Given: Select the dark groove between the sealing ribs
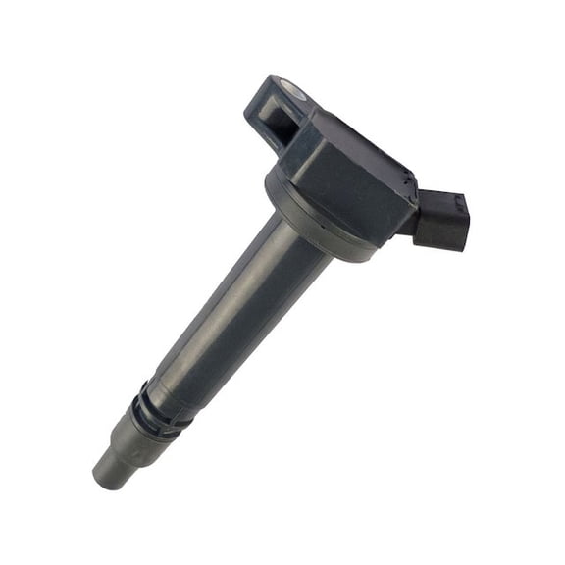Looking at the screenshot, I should tap(149, 404).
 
